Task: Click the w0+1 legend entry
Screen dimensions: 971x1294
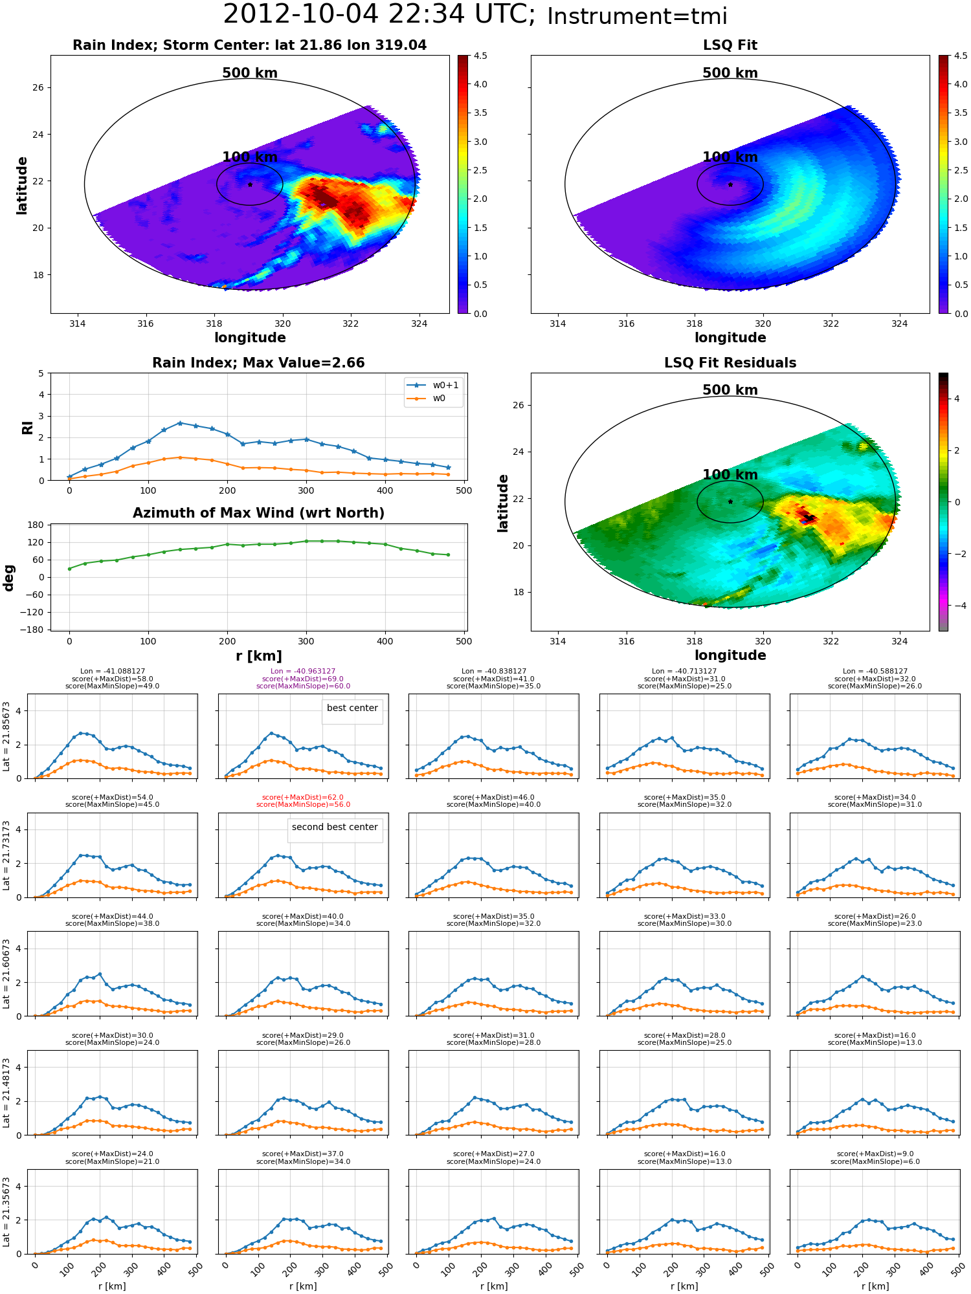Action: click(433, 386)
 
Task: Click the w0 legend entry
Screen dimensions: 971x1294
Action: click(427, 399)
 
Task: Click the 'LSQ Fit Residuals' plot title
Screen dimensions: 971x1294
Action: click(730, 363)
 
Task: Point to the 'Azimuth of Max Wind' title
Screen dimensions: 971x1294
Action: click(258, 513)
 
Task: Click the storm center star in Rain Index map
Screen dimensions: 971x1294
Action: click(250, 184)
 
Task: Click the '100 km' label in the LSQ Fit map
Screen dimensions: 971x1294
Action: click(730, 157)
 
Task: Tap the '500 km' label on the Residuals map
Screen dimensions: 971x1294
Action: click(730, 390)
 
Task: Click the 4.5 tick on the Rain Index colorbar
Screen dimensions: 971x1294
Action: click(480, 56)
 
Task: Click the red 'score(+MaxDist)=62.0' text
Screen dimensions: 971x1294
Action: click(303, 798)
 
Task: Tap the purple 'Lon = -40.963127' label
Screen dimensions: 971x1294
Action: click(303, 672)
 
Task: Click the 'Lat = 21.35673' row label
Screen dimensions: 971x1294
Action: click(6, 1212)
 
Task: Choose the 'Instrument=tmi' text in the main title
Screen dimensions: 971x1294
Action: click(637, 17)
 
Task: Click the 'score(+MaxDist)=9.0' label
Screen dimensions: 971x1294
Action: click(875, 1154)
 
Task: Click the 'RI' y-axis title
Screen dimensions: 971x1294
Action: click(27, 427)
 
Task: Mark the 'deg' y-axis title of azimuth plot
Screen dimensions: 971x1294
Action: click(9, 578)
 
